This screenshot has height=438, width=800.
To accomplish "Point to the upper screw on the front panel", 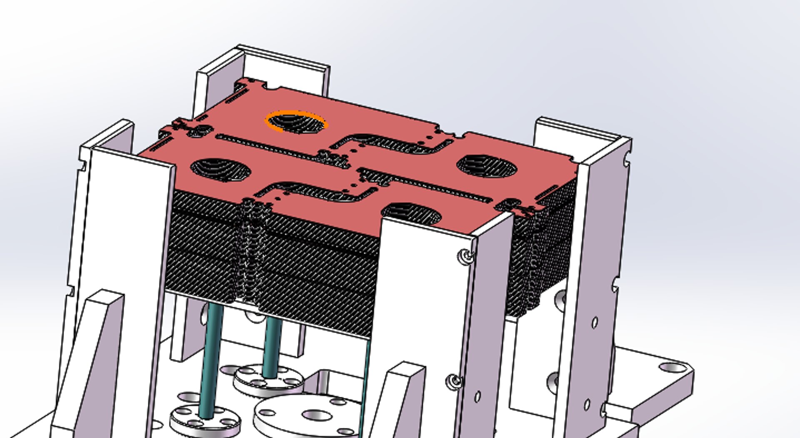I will click(x=466, y=256).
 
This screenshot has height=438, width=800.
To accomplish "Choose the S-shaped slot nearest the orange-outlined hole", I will click(x=392, y=144).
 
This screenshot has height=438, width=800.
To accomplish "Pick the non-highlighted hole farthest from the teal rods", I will click(x=487, y=166).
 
